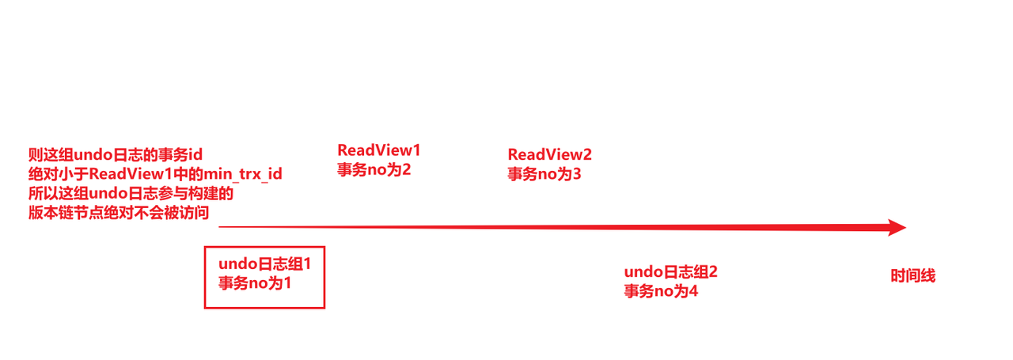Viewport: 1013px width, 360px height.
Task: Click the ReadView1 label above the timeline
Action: pos(379,150)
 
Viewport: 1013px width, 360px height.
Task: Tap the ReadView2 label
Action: pos(549,154)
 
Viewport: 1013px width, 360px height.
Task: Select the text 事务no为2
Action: pos(374,169)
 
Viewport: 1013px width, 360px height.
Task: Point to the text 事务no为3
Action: pos(544,174)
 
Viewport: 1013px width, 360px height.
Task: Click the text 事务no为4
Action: pos(660,291)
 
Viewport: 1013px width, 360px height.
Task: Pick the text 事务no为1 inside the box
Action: pos(255,282)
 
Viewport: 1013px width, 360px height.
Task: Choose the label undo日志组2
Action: pos(670,272)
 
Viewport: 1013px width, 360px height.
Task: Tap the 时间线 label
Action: pos(912,276)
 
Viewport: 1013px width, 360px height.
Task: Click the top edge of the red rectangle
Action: pos(264,246)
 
